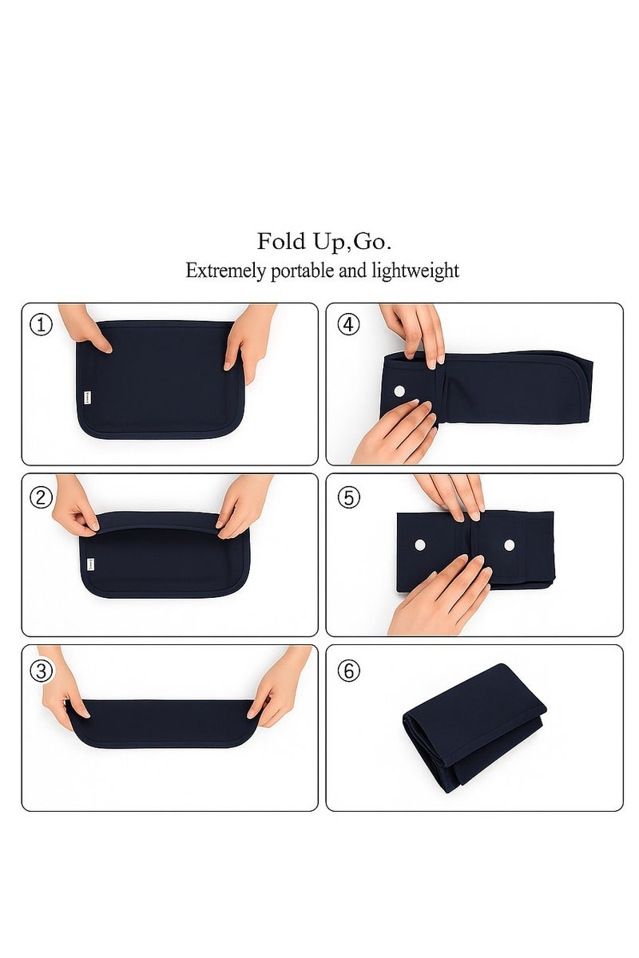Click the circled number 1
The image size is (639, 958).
[x=41, y=325]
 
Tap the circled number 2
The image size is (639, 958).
[x=41, y=497]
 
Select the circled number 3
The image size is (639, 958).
[x=41, y=671]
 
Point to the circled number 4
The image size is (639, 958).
[x=349, y=325]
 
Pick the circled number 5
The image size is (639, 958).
[x=349, y=497]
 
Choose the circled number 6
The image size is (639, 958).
[x=349, y=671]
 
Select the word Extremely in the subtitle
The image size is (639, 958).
[x=225, y=271]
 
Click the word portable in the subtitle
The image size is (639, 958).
[x=303, y=271]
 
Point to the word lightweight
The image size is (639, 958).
[x=415, y=271]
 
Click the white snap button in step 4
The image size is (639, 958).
[x=399, y=390]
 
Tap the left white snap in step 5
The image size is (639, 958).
[x=420, y=545]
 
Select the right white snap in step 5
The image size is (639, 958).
[x=510, y=545]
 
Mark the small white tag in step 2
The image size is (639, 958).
[x=90, y=564]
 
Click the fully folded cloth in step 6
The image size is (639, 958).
[x=474, y=726]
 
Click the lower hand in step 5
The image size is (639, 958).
[x=441, y=596]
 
